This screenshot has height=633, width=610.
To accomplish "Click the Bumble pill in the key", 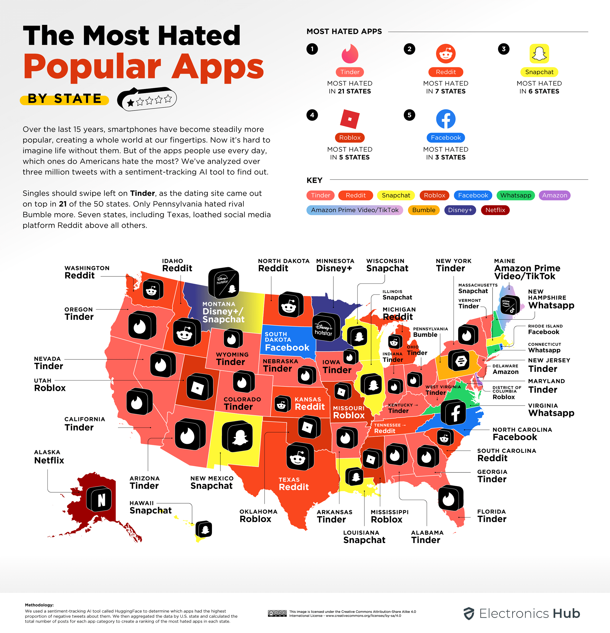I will (424, 210).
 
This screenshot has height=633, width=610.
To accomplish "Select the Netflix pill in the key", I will (495, 210).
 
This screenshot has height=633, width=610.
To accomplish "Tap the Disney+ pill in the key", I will (460, 210).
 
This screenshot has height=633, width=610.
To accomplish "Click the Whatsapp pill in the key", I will (515, 195).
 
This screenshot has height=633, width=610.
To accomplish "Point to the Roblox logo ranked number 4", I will (349, 119).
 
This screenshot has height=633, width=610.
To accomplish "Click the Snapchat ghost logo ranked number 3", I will (539, 54).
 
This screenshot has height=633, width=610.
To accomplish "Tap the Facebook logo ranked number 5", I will (446, 119).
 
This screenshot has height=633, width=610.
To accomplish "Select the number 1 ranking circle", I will (312, 49).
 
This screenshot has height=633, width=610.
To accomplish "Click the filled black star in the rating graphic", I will (131, 103).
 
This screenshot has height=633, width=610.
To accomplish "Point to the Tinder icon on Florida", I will (450, 498).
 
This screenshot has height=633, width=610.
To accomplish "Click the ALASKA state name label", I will (47, 452).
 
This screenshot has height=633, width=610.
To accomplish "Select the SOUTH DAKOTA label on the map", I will (278, 337).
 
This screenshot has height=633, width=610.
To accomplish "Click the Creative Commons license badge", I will (277, 613).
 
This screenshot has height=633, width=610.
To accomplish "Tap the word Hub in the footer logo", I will (566, 613).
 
